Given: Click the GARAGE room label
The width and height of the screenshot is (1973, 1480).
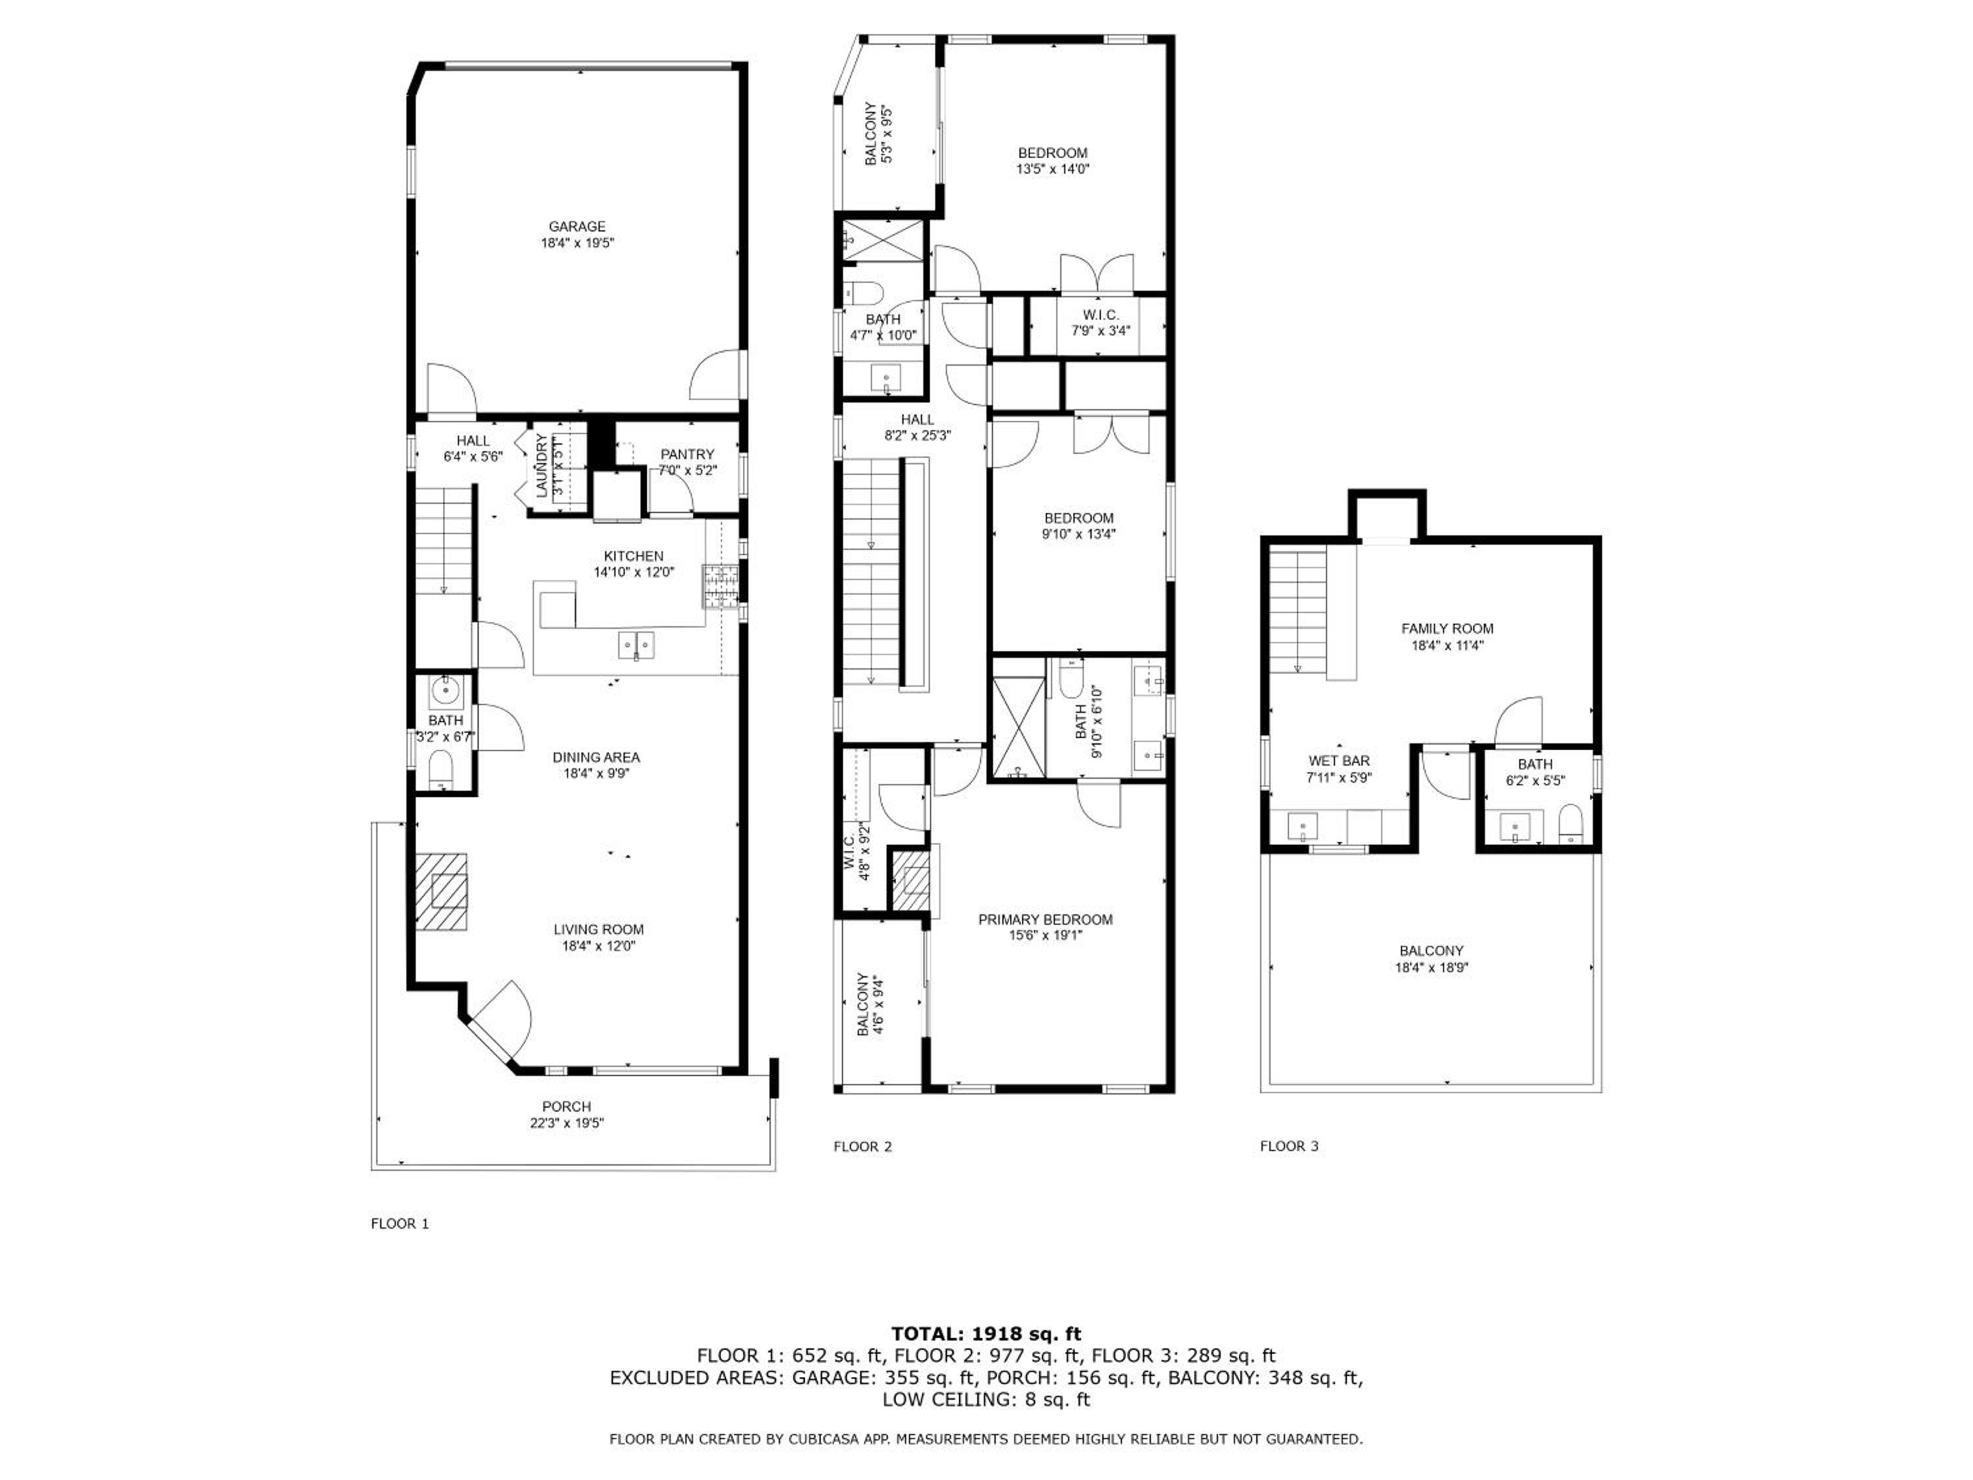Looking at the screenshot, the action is coord(577,226).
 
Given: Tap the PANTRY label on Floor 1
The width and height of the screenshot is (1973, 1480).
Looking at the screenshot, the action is coord(687,454).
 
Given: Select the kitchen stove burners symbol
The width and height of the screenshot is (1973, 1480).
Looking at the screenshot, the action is coord(721,586).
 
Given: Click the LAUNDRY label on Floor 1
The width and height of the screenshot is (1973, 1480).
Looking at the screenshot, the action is coord(541,465).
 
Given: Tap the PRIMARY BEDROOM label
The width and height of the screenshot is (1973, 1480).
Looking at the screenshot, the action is coord(1046,919).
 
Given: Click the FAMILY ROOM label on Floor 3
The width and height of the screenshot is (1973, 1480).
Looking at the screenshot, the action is coord(1447,629).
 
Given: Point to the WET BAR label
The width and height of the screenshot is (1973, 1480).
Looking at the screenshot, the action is coord(1339,761).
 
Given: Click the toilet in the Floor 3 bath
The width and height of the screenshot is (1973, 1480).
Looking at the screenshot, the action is coord(1570,824).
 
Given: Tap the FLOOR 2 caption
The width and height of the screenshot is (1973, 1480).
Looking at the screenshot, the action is coord(862,1147).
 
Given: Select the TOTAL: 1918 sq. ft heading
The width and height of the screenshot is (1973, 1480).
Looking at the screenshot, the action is coord(986,1334).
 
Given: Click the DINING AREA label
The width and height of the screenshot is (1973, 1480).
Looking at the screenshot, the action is coord(596,757).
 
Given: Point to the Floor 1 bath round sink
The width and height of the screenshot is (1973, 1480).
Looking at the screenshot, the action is coord(444,689).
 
